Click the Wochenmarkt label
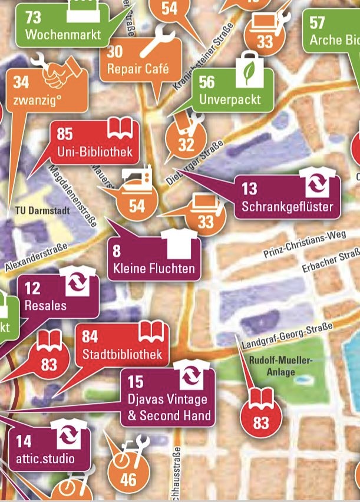(x=63, y=34)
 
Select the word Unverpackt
(x=230, y=98)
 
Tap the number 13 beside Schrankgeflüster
(x=249, y=189)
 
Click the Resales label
(x=45, y=305)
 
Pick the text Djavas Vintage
(x=167, y=399)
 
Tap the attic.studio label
(x=45, y=458)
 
